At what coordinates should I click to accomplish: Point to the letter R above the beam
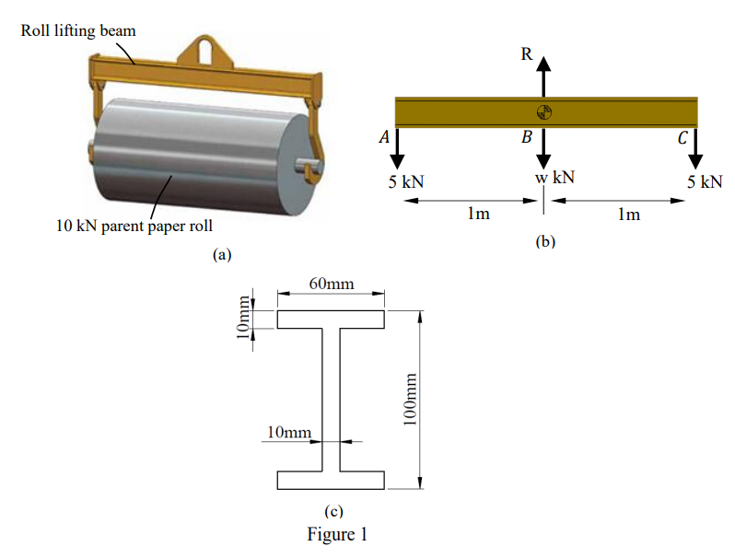click(526, 53)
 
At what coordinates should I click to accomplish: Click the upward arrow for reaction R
click(543, 76)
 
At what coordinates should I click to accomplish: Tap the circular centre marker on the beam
click(543, 112)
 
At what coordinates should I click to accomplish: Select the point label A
click(383, 137)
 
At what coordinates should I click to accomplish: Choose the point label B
click(526, 138)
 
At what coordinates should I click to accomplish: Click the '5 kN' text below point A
click(405, 180)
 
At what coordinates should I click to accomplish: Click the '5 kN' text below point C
click(704, 180)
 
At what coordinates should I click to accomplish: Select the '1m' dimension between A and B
click(477, 215)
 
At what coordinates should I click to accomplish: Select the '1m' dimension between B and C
click(628, 215)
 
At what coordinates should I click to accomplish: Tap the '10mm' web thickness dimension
click(288, 432)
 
